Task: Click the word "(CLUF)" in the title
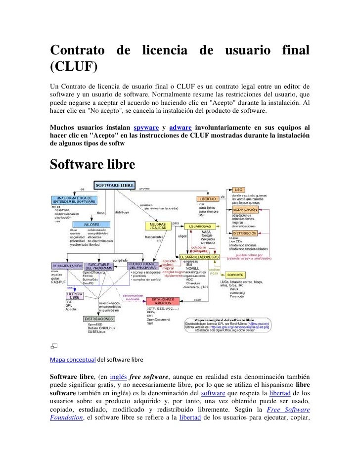pyautogui.click(x=74, y=66)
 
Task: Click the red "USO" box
pyautogui.click(x=238, y=189)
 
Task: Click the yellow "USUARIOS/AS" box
pyautogui.click(x=202, y=226)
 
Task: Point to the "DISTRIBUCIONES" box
pyautogui.click(x=98, y=319)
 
